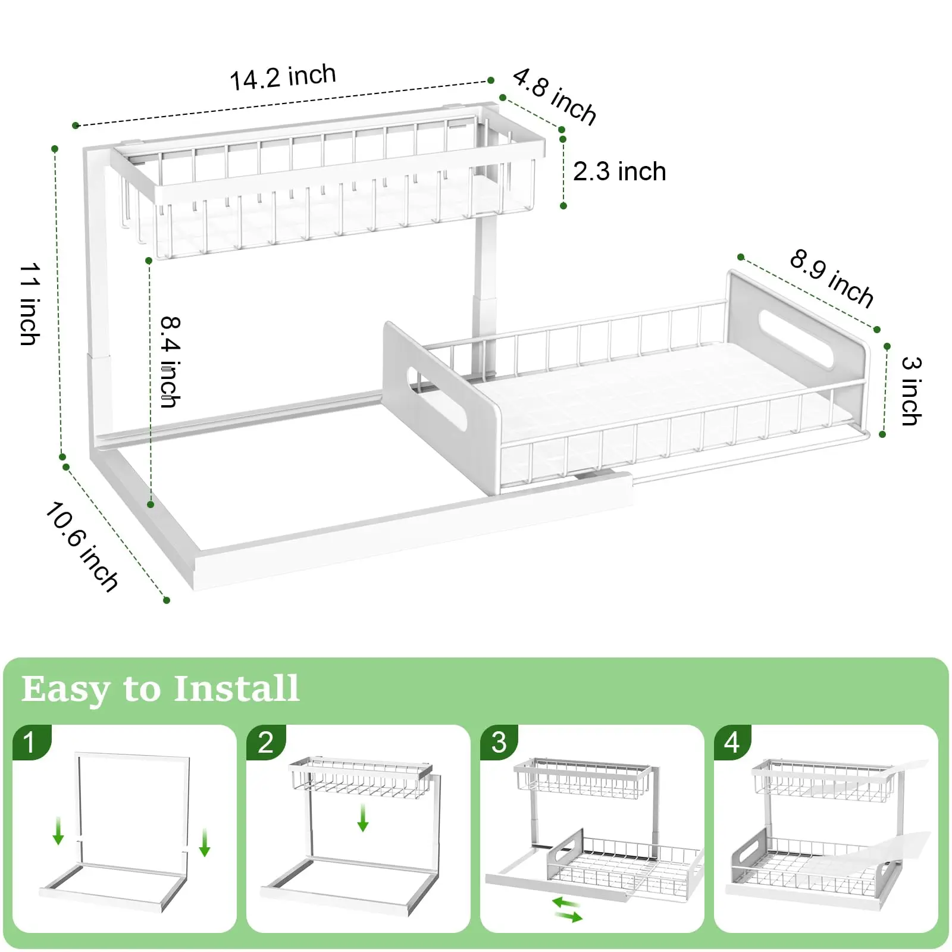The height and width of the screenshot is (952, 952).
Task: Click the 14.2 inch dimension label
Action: click(x=283, y=78)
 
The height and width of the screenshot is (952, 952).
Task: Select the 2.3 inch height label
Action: click(x=619, y=172)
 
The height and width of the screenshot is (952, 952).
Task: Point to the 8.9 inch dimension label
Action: click(x=831, y=278)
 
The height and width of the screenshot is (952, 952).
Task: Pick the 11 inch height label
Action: click(x=29, y=304)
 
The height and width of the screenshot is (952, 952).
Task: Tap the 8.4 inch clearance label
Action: click(x=170, y=362)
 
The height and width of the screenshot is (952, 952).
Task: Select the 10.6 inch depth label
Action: click(x=82, y=547)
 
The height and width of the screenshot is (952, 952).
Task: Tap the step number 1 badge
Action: click(x=30, y=742)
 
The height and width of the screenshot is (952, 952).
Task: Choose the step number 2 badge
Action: click(x=265, y=742)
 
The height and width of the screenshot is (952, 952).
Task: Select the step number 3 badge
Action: click(x=499, y=742)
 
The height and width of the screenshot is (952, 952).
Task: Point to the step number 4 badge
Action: click(x=732, y=742)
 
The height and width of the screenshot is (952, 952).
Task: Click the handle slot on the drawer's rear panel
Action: click(x=796, y=339)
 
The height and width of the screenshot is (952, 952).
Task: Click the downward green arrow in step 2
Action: click(x=362, y=818)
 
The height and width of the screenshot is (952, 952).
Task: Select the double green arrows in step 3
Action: click(x=567, y=910)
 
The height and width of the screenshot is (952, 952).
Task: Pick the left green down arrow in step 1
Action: click(x=58, y=831)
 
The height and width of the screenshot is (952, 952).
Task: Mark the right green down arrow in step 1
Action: click(x=205, y=843)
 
